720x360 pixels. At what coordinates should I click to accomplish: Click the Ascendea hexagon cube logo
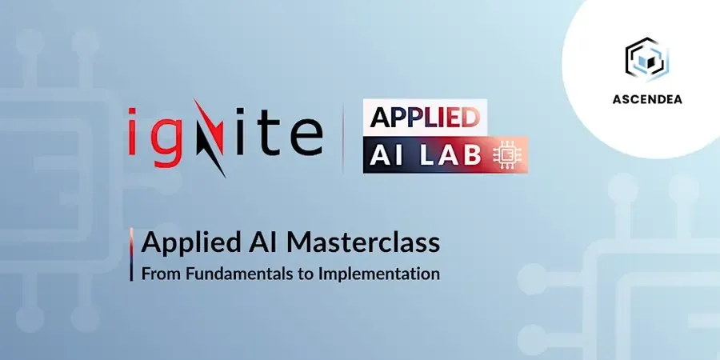(646, 59)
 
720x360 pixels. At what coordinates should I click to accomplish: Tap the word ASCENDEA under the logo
(647, 100)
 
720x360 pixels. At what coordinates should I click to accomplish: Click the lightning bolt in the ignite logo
(210, 138)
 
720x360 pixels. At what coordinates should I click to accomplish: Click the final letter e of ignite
(306, 138)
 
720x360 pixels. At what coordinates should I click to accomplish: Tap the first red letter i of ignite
(133, 132)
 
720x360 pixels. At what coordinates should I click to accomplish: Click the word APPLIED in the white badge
(424, 117)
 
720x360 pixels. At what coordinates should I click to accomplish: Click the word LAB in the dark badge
(451, 156)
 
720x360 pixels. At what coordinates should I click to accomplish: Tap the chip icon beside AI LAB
(504, 157)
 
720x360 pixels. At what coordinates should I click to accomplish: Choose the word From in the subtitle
(162, 274)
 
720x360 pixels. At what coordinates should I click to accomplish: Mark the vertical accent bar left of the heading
(131, 254)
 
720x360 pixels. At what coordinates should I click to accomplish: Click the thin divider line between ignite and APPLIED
(343, 138)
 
